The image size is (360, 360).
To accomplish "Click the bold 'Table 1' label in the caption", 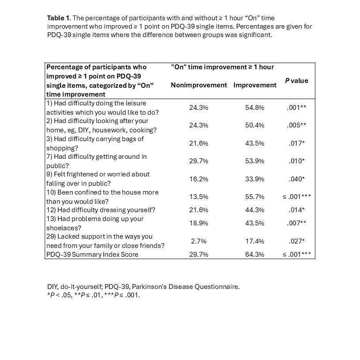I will pos(58,18).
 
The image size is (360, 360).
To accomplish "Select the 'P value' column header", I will pos(296,81).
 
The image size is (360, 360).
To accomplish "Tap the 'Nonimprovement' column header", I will pos(199,85).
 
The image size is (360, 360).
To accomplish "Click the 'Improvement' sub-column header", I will pos(255,85).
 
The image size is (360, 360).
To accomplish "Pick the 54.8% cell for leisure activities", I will pos(255,108).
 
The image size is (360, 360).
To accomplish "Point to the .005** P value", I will pos(296,125).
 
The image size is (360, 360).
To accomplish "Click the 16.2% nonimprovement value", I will pos(199,179).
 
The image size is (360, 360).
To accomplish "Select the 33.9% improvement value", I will pos(255,179).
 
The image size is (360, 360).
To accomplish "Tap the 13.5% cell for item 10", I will pos(199,197).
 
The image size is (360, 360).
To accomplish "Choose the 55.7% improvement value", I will pos(255,197).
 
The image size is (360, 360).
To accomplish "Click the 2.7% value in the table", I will pos(199,241).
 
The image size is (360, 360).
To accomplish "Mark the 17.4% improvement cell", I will pos(255,241).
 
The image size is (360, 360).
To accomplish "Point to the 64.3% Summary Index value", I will pos(255,255).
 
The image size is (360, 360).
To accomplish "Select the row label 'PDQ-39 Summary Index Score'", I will pos(92,255).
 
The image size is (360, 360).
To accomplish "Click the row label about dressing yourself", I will pos(101,210).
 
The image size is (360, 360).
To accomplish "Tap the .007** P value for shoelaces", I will pos(296,223).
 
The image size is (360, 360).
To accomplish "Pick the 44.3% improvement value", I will pos(255,210).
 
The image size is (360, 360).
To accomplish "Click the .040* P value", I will pos(296,179).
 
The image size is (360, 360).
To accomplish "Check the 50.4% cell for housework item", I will pos(255,125).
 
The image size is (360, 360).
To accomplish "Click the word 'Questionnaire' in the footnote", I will pos(219,287).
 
